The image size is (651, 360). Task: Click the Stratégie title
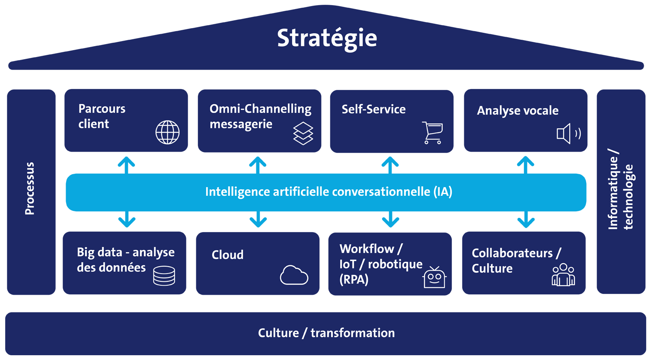pyautogui.click(x=327, y=38)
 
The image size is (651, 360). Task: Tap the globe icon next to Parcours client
pyautogui.click(x=168, y=132)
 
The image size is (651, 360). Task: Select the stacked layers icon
pyautogui.click(x=303, y=133)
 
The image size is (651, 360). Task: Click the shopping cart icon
pyautogui.click(x=433, y=133)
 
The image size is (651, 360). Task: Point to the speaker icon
pyautogui.click(x=568, y=134)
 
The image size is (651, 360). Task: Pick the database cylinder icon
pyautogui.click(x=164, y=276)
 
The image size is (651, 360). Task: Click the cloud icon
pyautogui.click(x=294, y=275)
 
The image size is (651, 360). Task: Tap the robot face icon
pyautogui.click(x=434, y=277)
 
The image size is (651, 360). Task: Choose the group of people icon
pyautogui.click(x=563, y=275)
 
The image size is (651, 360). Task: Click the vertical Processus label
pyautogui.click(x=29, y=188)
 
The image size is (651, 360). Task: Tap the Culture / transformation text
pyautogui.click(x=326, y=333)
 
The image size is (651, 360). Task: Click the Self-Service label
pyautogui.click(x=373, y=109)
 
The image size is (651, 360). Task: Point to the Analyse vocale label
pyautogui.click(x=517, y=111)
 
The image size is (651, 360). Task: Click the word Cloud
pyautogui.click(x=227, y=255)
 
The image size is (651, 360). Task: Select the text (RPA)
pyautogui.click(x=354, y=280)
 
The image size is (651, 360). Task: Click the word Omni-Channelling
pyautogui.click(x=260, y=109)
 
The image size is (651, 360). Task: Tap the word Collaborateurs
pyautogui.click(x=512, y=253)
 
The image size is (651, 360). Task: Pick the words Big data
pyautogui.click(x=99, y=252)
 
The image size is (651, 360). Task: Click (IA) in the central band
pyautogui.click(x=443, y=192)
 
